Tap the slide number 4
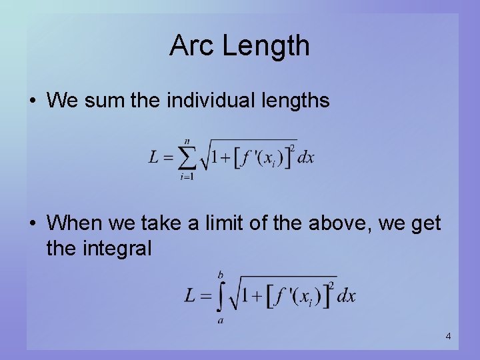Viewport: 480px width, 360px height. click(448, 337)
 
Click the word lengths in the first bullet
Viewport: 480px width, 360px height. click(297, 101)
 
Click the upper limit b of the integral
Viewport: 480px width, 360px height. click(221, 275)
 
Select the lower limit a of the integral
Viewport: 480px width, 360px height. click(220, 321)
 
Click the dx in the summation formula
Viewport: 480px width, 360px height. click(306, 158)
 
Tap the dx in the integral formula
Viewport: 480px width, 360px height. click(346, 296)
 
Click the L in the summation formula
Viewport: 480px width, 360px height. click(154, 158)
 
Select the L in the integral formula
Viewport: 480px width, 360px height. click(191, 296)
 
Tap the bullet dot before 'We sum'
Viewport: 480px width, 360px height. click(33, 101)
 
